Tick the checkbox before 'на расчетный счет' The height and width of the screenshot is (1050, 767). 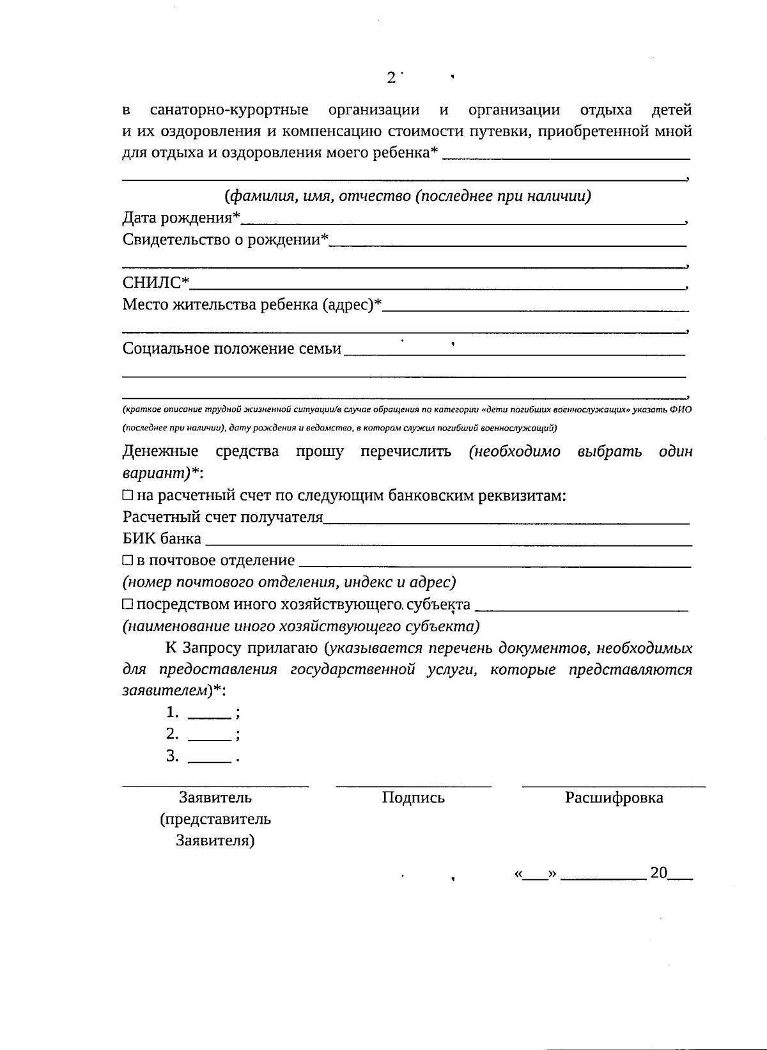(128, 496)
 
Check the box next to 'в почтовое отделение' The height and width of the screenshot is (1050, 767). (128, 561)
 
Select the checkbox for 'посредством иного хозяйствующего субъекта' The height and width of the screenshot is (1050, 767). (128, 604)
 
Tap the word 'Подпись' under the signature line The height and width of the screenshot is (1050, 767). (413, 797)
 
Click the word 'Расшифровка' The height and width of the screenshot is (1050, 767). (614, 797)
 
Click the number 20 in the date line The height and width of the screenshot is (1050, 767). (659, 873)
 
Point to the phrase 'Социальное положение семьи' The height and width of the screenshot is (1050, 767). (232, 349)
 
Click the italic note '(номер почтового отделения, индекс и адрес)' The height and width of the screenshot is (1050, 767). (289, 583)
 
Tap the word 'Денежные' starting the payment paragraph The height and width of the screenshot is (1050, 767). (160, 452)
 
